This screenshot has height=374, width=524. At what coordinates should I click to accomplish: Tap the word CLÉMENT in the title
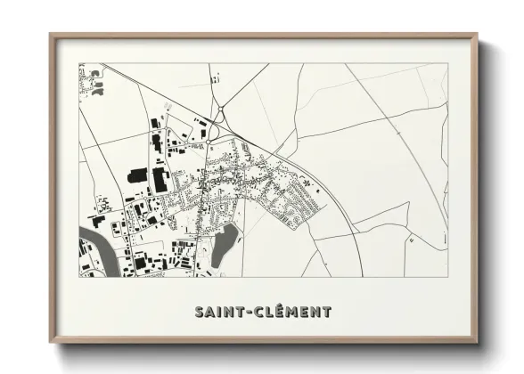tap(293, 312)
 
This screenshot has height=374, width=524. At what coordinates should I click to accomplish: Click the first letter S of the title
tap(199, 312)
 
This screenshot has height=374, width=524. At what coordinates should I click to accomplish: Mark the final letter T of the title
tap(327, 312)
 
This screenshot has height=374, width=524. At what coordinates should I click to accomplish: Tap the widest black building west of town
tap(160, 179)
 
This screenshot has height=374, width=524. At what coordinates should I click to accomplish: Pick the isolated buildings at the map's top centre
tap(215, 80)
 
